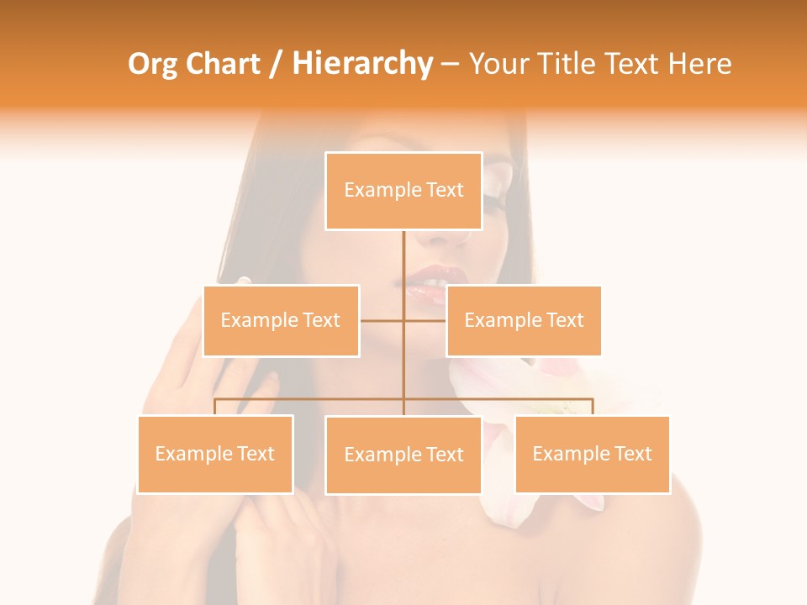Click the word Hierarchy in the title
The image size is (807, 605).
point(361,64)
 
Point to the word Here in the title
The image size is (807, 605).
point(700,64)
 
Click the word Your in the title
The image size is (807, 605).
point(498,64)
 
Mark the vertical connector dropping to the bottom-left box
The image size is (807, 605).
point(215,407)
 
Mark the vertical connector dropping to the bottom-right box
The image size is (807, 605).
point(593,407)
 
